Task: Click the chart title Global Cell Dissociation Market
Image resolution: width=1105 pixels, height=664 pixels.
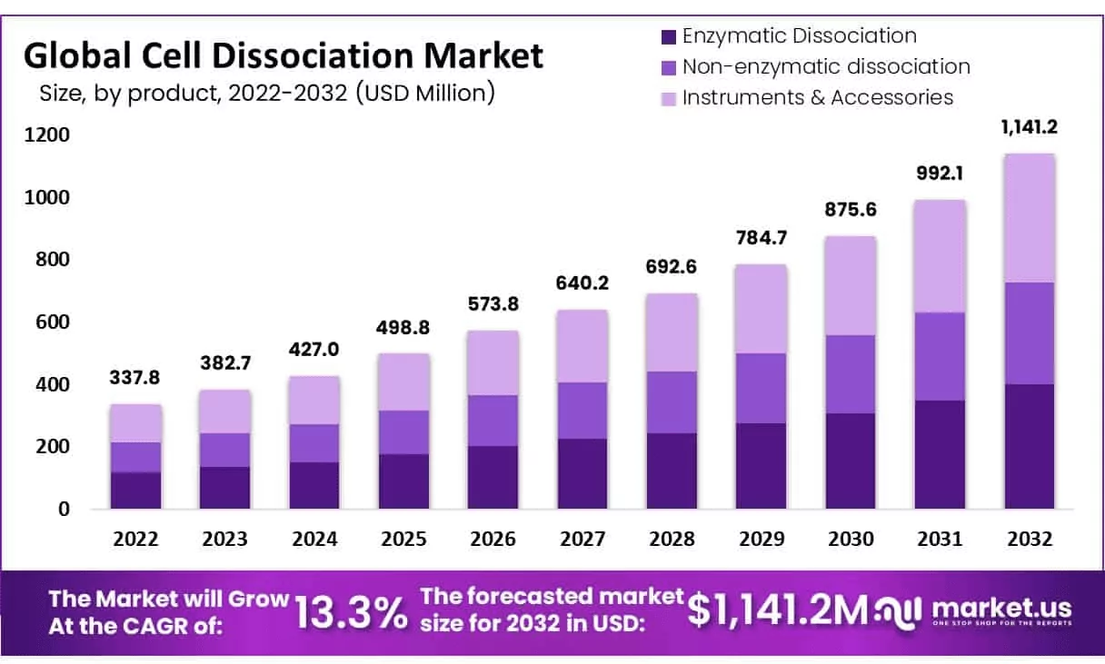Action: tap(284, 56)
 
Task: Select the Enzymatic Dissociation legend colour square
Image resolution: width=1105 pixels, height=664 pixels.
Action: tap(669, 37)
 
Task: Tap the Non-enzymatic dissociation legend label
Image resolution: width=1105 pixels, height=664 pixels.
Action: tap(826, 66)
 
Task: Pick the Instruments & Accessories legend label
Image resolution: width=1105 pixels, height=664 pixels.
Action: tap(818, 97)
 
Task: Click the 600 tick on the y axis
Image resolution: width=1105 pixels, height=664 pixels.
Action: tap(52, 322)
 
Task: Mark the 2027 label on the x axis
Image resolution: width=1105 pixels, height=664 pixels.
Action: tap(582, 539)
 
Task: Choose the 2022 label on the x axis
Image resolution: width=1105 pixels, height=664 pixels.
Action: tap(135, 539)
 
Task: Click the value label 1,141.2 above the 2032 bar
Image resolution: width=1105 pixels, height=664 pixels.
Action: tap(1029, 127)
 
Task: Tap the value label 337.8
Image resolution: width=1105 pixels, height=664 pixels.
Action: tap(135, 378)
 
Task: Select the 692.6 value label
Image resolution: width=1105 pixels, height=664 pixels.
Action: tap(672, 268)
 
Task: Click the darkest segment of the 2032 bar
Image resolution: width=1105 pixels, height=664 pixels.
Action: tap(1029, 446)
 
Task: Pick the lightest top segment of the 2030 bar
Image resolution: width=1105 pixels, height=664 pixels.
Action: tap(850, 285)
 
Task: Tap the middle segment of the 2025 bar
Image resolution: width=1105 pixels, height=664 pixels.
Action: tap(403, 432)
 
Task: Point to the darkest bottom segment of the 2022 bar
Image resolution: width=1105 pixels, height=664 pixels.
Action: tap(135, 491)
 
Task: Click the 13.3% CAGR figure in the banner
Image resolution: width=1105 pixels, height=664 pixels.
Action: tap(352, 612)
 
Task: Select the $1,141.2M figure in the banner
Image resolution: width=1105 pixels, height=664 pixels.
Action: tap(778, 610)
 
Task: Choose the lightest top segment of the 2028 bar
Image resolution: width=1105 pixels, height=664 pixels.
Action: tap(672, 332)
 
